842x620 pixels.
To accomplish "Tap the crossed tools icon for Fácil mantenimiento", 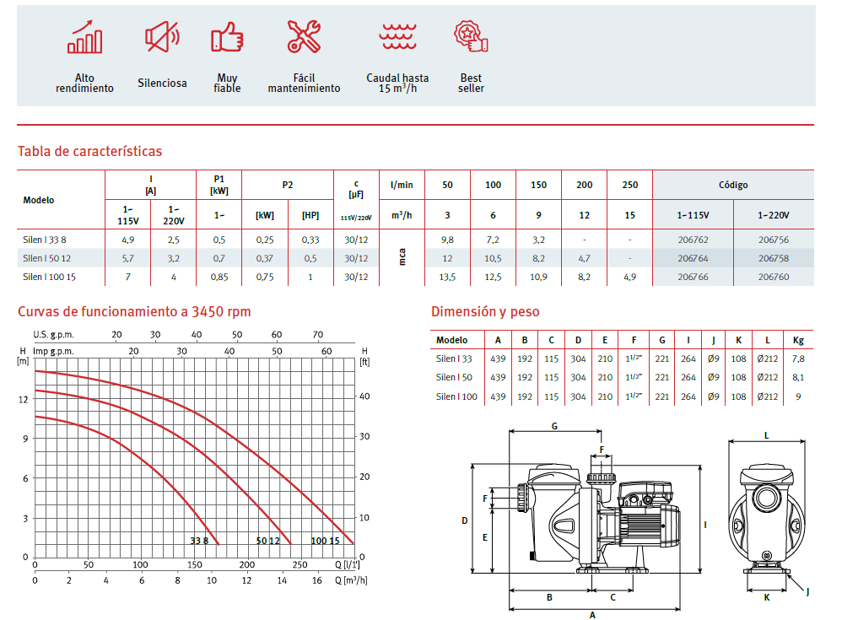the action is tap(304, 36).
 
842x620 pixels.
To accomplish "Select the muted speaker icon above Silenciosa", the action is tap(162, 36).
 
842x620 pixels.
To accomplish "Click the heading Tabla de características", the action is tap(89, 151).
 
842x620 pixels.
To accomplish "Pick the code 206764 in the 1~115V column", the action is tap(693, 258).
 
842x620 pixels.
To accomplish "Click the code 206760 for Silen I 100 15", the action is tap(774, 277).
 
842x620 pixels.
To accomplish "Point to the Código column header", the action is tap(733, 186).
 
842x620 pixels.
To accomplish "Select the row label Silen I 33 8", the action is tap(45, 240).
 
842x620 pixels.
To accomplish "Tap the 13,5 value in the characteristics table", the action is tap(447, 277).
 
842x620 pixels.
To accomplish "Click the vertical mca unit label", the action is tap(402, 257).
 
